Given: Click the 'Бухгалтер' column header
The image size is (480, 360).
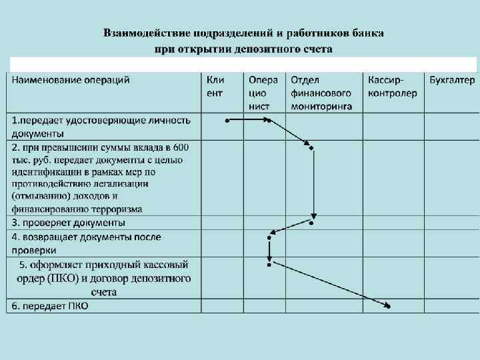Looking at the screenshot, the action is tap(452, 80).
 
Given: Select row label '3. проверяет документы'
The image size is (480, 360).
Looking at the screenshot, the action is tap(68, 223).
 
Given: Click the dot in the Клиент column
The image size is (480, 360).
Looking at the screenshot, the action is tap(227, 121).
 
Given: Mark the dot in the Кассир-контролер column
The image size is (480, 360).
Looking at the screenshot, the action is tap(388, 306).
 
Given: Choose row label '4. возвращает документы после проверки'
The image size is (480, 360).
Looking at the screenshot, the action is tap(85, 243).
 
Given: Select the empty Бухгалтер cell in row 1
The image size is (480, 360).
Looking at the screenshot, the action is tap(451, 126).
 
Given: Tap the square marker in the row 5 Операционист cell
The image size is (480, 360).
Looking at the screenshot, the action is tap(269, 265).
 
